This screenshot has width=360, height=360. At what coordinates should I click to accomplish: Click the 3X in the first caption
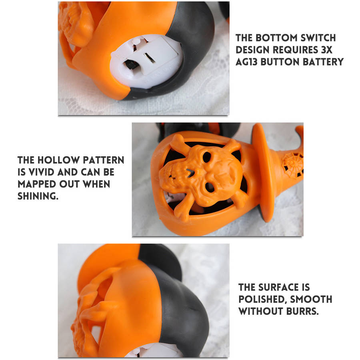[x=326, y=50]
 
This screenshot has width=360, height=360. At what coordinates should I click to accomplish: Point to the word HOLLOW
[x=58, y=160]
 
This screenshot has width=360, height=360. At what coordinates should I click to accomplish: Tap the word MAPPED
[x=37, y=184]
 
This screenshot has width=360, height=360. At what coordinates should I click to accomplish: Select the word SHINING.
[x=38, y=196]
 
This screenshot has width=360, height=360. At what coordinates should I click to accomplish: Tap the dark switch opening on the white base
[x=132, y=65]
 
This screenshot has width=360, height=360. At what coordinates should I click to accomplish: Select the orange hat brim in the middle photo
[x=264, y=172]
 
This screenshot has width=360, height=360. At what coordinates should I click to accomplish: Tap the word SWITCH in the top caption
[x=318, y=38]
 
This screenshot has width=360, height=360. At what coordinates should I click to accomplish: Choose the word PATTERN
[x=104, y=160]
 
